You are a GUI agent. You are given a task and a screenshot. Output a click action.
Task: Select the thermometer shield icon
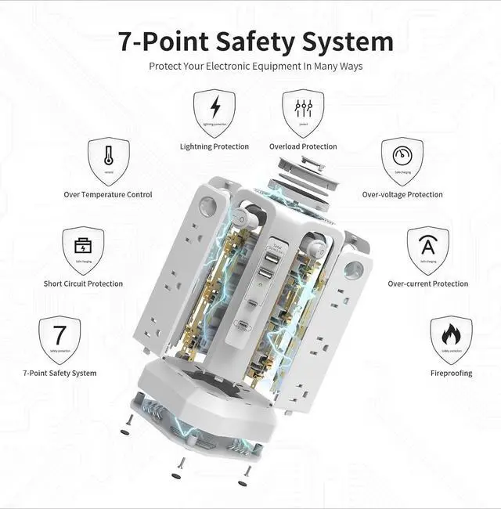point(108,161)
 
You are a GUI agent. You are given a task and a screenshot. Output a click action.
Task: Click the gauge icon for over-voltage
point(402,161)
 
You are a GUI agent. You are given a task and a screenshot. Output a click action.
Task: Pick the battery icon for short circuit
point(83,250)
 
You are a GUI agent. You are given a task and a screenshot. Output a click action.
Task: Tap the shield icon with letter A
point(428,250)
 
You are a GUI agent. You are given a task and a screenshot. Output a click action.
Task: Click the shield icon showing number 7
point(59,339)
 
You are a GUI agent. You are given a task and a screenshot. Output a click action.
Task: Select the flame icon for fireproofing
point(451,339)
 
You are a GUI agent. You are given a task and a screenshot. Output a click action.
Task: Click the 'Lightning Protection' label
point(214,146)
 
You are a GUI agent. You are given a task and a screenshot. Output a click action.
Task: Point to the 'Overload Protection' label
point(303,146)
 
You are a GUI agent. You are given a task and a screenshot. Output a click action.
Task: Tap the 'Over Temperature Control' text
point(108,194)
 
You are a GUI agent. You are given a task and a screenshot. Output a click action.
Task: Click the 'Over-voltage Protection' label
point(402,194)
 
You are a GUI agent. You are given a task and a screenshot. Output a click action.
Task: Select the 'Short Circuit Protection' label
point(83,283)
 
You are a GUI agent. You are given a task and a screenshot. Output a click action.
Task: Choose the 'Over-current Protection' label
point(428,283)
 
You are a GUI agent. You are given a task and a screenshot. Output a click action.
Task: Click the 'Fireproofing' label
point(451,373)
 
